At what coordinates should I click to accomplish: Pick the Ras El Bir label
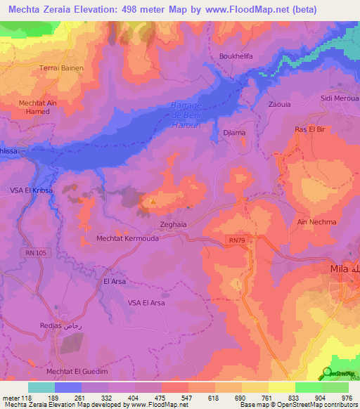click(x=307, y=130)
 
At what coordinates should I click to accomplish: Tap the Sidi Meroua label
click(x=340, y=99)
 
